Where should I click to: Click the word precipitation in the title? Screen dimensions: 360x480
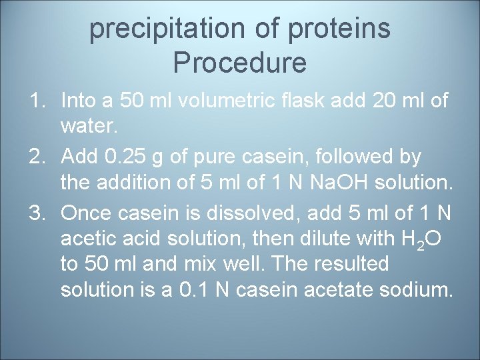tap(157, 29)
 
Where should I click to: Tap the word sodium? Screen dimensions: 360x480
tap(419, 290)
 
